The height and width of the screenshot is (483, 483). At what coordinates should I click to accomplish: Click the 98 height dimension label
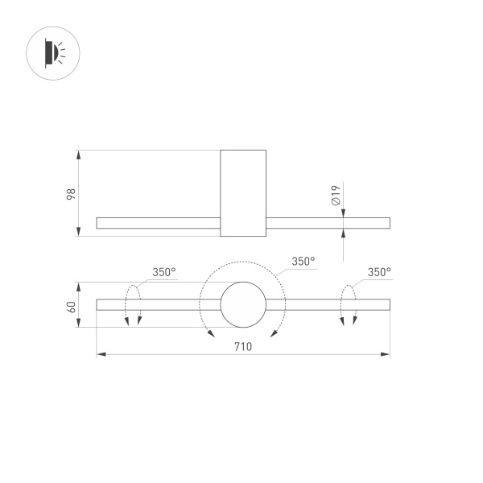(71, 193)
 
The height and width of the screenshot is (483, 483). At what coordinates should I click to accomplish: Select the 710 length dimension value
(243, 346)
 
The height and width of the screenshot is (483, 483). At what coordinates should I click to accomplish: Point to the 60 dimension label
(71, 305)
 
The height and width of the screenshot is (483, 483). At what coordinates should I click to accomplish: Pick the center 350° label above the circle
(303, 261)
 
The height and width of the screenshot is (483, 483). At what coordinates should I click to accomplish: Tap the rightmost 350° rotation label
(379, 272)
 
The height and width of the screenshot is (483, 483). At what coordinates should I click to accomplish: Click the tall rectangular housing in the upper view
(243, 193)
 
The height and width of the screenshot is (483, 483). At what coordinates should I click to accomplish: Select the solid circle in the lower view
(243, 304)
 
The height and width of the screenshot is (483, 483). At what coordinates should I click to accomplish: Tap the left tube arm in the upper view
(158, 223)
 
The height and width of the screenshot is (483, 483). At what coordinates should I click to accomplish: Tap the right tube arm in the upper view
(328, 223)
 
